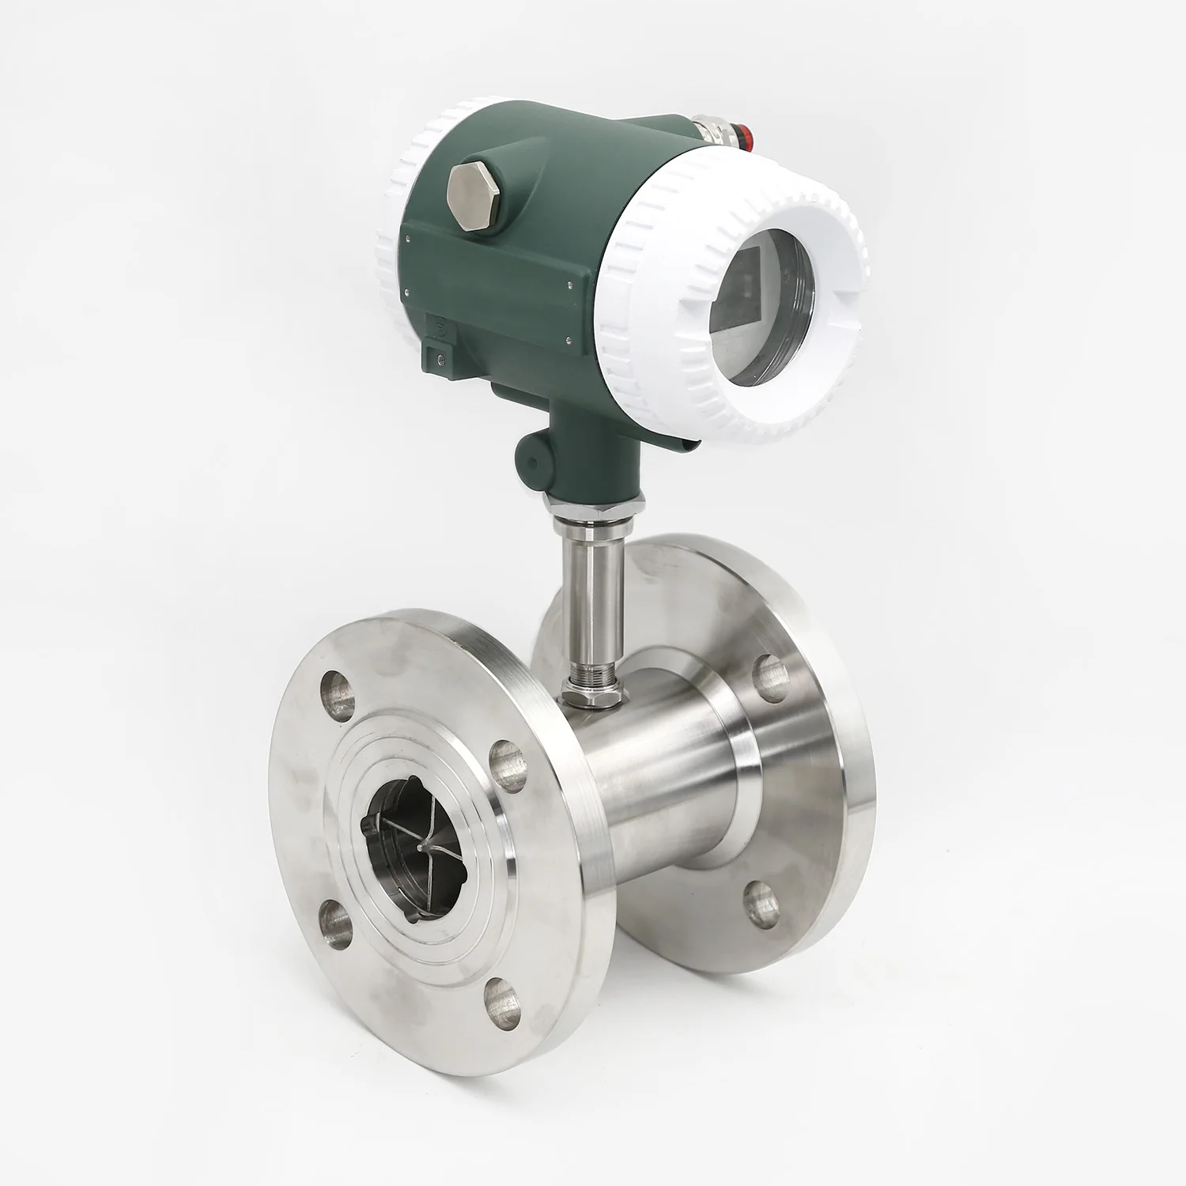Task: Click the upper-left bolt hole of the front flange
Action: [x=339, y=693]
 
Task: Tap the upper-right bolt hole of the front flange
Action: [x=508, y=765]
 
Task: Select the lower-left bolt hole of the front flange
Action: [x=336, y=924]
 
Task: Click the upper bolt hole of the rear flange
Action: [x=769, y=678]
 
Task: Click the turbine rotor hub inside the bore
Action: [x=418, y=847]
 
